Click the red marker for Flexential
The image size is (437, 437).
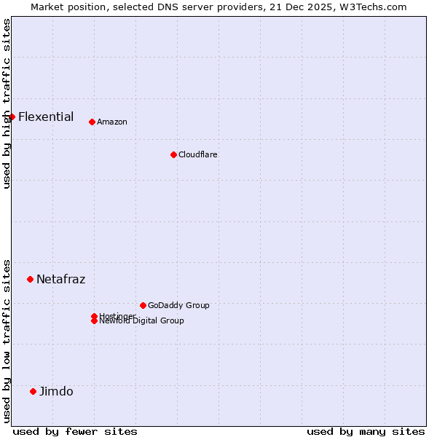click(12, 117)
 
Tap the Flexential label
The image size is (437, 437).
click(46, 117)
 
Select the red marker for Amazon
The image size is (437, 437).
click(92, 122)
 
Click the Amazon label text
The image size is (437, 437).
click(111, 122)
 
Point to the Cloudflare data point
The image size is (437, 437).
click(173, 154)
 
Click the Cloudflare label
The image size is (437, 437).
click(197, 154)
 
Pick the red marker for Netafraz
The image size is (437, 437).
click(30, 279)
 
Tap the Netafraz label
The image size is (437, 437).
click(60, 279)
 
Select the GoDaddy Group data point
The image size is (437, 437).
click(143, 305)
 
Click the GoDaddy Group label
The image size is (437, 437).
click(178, 305)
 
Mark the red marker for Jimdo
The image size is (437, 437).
click(33, 391)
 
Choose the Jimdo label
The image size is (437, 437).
click(56, 391)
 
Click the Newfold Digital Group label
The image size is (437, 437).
click(141, 321)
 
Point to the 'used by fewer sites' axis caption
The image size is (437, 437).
click(75, 431)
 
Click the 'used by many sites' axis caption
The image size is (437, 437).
click(366, 431)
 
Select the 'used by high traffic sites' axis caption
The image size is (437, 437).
click(7, 103)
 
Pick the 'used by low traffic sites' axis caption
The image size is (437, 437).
click(7, 340)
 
